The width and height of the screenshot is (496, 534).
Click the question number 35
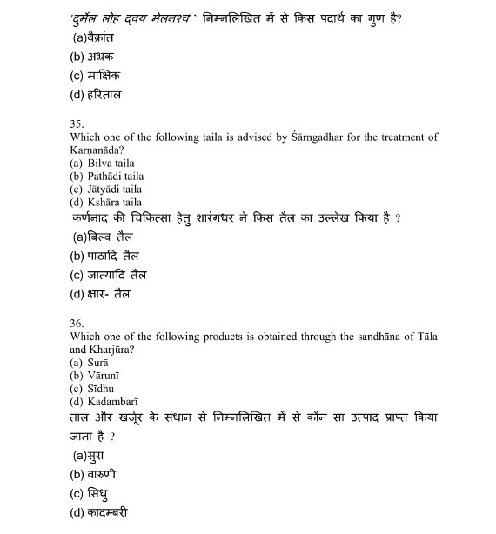(77, 124)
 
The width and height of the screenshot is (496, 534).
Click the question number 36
(77, 323)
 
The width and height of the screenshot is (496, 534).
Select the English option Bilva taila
(105, 163)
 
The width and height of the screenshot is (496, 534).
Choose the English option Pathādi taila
(110, 176)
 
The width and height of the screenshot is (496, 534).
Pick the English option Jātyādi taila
(109, 189)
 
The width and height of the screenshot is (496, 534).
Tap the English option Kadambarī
(110, 401)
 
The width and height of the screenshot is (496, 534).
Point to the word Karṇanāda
(96, 150)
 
